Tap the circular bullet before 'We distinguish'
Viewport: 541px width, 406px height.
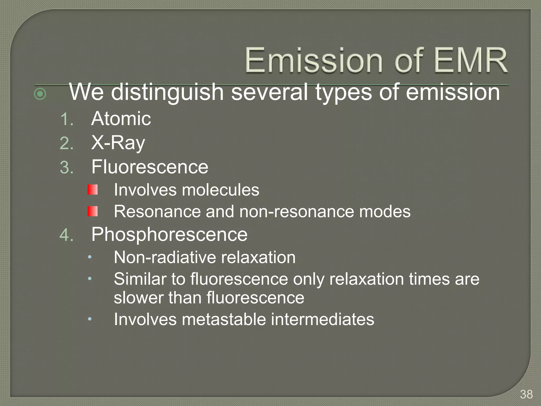[x=40, y=94]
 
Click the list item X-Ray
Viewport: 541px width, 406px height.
[x=118, y=143]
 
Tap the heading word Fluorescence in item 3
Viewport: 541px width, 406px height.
[x=150, y=167]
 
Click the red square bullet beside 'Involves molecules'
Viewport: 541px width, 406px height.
[x=93, y=190]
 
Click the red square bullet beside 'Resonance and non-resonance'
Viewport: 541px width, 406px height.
[x=93, y=211]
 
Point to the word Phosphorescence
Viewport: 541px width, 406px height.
[x=169, y=234]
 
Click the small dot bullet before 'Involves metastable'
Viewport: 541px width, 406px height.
[x=90, y=319]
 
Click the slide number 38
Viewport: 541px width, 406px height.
[x=526, y=394]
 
